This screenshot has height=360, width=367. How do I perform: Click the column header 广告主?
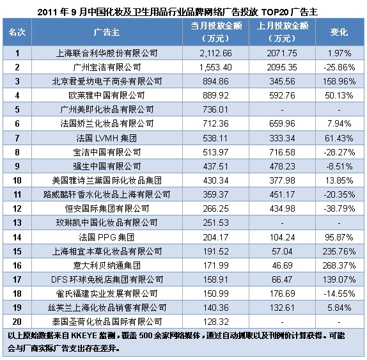(x=107, y=32)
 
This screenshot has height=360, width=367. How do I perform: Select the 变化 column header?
(x=339, y=32)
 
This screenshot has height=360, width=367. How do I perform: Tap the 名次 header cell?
(x=17, y=32)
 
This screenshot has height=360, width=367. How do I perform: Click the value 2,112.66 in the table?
(x=215, y=53)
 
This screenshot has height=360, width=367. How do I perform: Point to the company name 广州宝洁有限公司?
(x=107, y=67)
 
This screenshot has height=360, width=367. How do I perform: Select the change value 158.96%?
(x=339, y=81)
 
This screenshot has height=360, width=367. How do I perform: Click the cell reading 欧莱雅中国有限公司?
(x=107, y=95)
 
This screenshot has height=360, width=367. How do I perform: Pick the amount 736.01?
(x=215, y=109)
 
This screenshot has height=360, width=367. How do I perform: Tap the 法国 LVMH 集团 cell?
(x=107, y=138)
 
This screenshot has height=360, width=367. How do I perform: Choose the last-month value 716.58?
(x=282, y=152)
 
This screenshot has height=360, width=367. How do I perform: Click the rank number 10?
(x=17, y=180)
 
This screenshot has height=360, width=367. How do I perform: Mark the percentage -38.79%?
(x=339, y=208)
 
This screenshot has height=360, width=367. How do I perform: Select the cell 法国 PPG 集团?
(x=107, y=237)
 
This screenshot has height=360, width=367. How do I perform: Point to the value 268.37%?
(x=339, y=265)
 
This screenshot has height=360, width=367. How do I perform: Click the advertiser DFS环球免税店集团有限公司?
(x=107, y=279)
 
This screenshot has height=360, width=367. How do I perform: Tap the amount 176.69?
(x=282, y=293)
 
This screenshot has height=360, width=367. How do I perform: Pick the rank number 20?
(x=17, y=322)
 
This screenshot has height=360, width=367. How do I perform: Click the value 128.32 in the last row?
(x=215, y=322)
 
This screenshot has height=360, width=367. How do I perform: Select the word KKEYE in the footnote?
(x=84, y=336)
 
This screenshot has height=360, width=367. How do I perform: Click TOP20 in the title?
(x=274, y=12)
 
